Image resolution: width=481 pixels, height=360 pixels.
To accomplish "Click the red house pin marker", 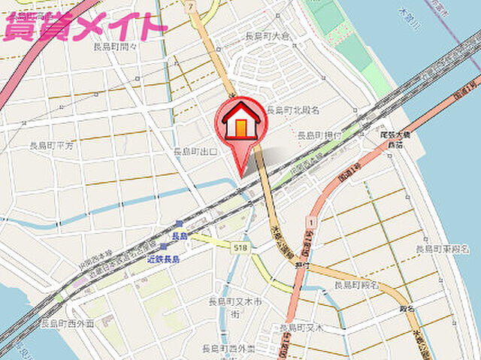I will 241,123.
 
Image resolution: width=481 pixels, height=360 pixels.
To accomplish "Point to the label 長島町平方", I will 51,146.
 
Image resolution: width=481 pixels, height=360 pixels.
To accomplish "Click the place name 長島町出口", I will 195,151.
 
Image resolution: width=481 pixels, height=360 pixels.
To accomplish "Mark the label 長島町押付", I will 319,135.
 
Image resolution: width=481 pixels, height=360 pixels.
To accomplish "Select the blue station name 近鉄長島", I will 163,259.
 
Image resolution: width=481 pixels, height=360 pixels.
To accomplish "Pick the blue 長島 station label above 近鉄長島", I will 179,236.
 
